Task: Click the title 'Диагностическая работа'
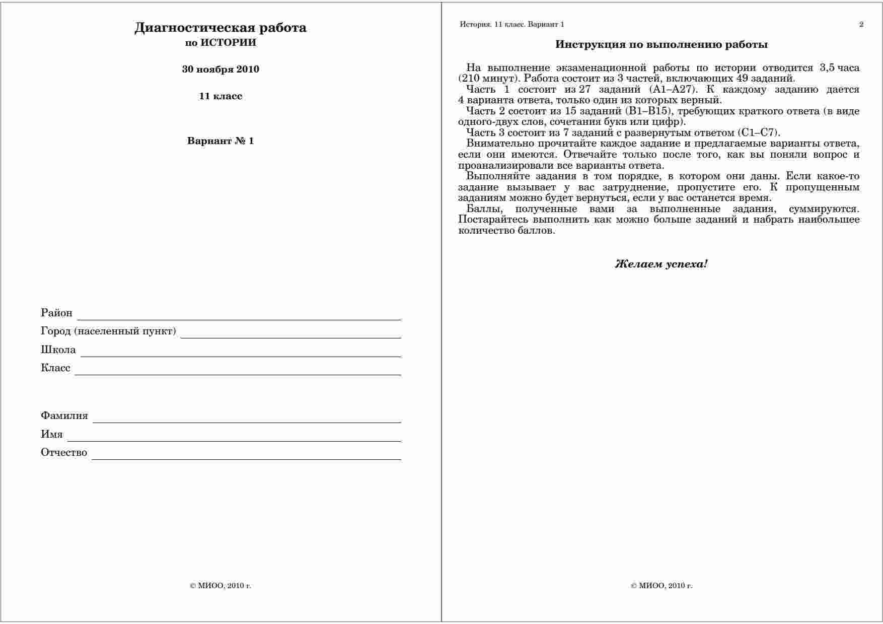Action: tap(220, 28)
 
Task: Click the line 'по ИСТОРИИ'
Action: tap(220, 43)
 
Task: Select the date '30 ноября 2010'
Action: tap(220, 70)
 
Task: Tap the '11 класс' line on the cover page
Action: tap(220, 96)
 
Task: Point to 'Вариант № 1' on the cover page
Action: tap(220, 141)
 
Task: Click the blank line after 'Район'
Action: tap(239, 317)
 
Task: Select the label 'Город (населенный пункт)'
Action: tap(108, 331)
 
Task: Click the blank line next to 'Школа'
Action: tap(241, 354)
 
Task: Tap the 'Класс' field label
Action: tap(55, 368)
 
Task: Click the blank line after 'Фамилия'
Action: tap(247, 420)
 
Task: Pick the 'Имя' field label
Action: tap(52, 434)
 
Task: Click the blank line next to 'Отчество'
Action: tap(246, 457)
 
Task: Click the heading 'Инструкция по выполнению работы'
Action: tap(661, 45)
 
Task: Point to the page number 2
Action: tap(861, 24)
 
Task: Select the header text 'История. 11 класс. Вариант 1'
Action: tap(512, 24)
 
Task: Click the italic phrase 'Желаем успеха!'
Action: tap(661, 264)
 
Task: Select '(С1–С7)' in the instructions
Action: tap(758, 133)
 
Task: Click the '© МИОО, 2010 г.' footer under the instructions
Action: tap(661, 586)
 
